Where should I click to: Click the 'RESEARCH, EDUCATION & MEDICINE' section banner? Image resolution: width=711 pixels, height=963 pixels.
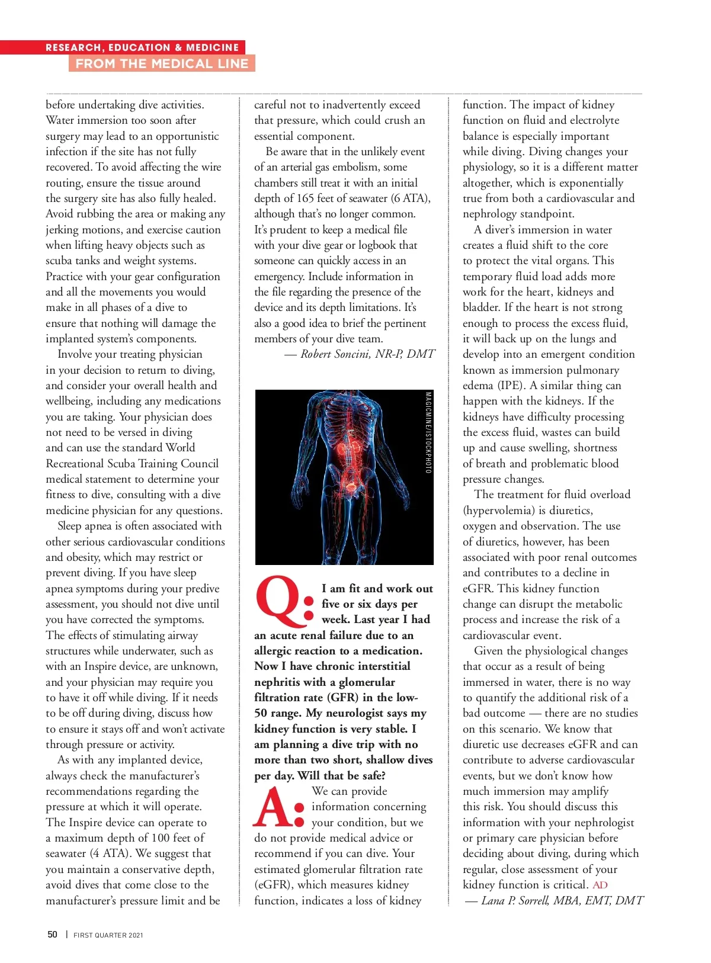tap(142, 47)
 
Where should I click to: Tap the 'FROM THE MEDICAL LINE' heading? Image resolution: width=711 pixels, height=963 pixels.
tap(162, 63)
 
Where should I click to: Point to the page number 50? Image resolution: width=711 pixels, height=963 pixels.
tap(53, 935)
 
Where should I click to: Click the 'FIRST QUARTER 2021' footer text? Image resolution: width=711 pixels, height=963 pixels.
tap(108, 935)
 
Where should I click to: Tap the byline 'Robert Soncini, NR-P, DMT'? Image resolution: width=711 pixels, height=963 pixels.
tap(367, 354)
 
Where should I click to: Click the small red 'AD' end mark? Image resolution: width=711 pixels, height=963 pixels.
tap(600, 885)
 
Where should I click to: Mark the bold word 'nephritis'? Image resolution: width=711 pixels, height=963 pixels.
tap(278, 682)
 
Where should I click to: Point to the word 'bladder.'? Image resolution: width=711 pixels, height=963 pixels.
tap(481, 307)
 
